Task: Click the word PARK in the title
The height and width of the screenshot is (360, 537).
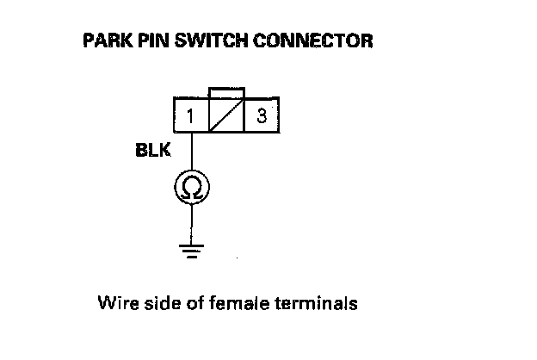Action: tap(103, 41)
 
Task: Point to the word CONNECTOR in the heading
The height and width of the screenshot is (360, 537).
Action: tap(309, 41)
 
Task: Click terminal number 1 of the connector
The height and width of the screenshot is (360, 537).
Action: tap(188, 115)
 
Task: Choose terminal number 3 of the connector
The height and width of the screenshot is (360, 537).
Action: tap(260, 115)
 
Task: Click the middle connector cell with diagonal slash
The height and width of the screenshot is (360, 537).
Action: tap(226, 115)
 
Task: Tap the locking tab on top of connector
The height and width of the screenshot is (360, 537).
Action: tap(226, 92)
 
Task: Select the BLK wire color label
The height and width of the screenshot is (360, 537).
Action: tap(152, 152)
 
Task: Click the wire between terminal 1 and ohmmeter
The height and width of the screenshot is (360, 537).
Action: tap(190, 151)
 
